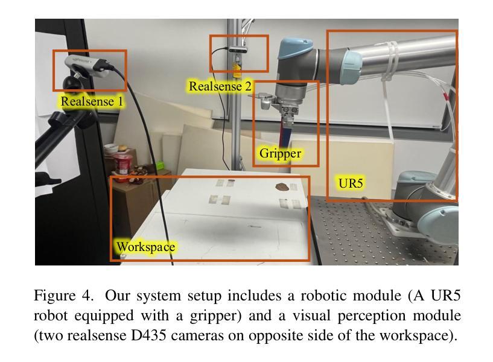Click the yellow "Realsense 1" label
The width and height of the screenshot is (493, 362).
(92, 101)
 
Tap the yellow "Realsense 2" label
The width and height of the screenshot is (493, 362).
(220, 86)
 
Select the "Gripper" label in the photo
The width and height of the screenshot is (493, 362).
(279, 153)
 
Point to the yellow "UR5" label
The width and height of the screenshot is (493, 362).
(351, 183)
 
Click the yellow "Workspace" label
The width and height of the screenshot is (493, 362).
(145, 247)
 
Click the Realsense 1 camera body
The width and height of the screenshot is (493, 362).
(87, 62)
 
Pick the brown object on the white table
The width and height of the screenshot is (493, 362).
(282, 186)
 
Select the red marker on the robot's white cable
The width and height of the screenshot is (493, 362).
(445, 95)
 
